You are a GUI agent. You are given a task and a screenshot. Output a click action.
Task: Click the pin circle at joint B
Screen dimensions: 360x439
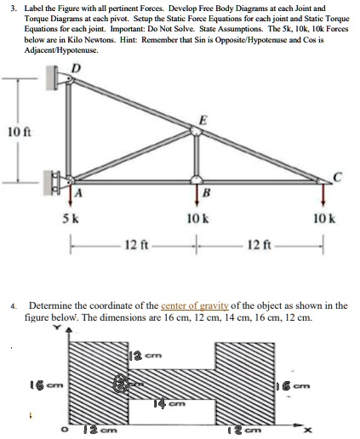pyautogui.click(x=197, y=180)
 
